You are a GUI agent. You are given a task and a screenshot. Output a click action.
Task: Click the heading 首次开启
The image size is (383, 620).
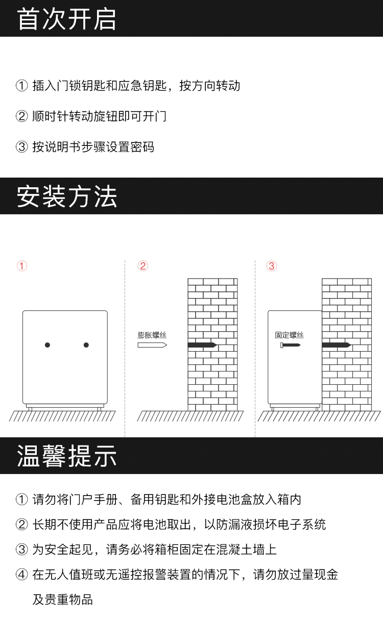66,19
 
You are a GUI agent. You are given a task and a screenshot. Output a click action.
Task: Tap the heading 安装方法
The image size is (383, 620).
66,196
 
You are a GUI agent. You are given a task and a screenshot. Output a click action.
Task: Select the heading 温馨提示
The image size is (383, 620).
66,456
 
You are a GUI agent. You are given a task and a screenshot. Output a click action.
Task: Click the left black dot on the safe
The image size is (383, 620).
47,345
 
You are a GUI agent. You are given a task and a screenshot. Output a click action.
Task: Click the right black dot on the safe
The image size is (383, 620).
86,345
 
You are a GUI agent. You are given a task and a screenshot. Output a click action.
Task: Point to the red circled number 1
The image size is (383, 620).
22,266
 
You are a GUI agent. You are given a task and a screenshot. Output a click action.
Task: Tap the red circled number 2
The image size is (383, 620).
143,266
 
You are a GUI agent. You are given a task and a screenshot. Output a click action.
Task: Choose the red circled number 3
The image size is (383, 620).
272,266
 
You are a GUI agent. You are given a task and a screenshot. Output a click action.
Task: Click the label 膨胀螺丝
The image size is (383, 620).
152,335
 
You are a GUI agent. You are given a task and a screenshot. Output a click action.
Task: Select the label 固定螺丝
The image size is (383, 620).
289,335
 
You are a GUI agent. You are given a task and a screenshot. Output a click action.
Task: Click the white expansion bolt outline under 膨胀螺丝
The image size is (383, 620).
152,345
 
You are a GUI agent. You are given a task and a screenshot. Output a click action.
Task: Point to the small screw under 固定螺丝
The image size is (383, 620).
290,345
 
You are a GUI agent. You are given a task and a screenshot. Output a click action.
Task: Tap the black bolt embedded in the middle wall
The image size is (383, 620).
202,345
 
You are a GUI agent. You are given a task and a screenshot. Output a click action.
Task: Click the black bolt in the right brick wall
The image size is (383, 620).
337,345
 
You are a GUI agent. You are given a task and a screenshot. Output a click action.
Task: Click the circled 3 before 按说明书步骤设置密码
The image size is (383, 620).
21,146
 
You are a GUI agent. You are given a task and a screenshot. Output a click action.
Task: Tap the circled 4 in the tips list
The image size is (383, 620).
21,575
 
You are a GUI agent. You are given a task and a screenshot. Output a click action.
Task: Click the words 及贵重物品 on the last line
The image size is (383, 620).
63,599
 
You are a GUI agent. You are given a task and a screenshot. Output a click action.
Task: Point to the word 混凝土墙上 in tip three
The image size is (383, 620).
246,550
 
